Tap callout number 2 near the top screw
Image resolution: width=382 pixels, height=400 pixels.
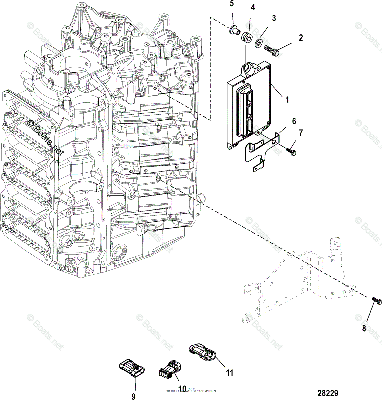click(x=301, y=38)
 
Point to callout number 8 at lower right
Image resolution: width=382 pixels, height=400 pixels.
click(x=364, y=328)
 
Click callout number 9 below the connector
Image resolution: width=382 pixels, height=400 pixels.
click(x=133, y=396)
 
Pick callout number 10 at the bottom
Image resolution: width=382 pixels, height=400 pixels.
click(x=182, y=388)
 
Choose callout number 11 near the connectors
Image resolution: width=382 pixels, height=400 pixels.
click(x=229, y=373)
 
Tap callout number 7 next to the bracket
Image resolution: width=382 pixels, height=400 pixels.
click(x=301, y=133)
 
